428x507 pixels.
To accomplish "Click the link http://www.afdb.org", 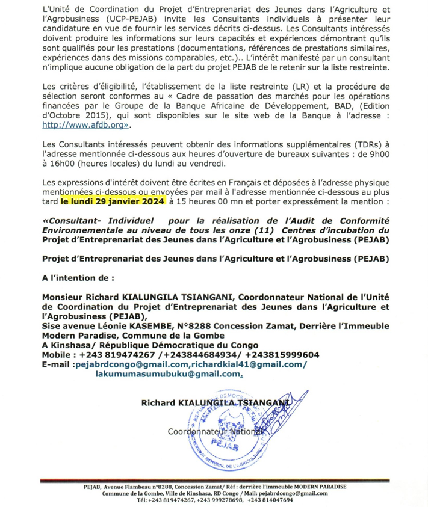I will point(85,127).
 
